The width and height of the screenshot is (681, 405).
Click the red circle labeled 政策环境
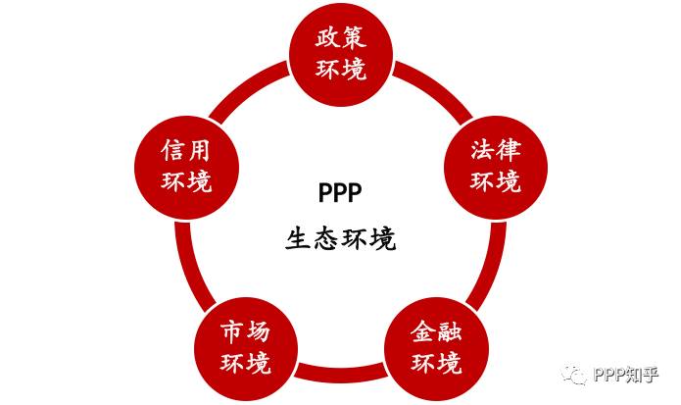click(x=341, y=55)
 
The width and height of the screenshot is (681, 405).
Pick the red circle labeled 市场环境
click(x=245, y=346)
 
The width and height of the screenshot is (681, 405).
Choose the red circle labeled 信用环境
click(x=186, y=166)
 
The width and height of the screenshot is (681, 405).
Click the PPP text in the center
click(x=340, y=188)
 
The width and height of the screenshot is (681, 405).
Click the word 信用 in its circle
click(x=186, y=150)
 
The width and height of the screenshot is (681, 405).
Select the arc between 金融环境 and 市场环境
click(x=341, y=374)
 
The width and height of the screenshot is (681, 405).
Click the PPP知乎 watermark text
click(x=626, y=375)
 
